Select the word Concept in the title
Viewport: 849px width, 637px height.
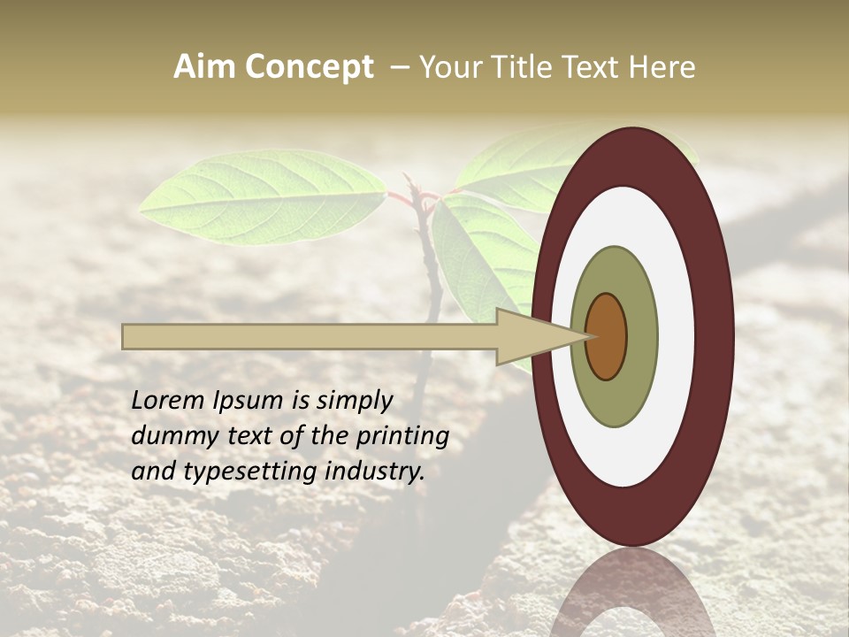(x=309, y=67)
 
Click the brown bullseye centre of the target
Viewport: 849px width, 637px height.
(x=607, y=336)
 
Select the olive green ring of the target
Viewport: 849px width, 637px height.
(x=615, y=398)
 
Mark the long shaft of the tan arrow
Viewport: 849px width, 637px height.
(x=310, y=336)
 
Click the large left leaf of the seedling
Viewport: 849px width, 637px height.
(x=263, y=197)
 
